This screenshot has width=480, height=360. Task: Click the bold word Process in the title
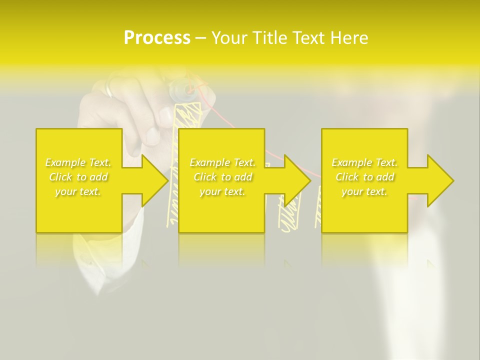(x=157, y=37)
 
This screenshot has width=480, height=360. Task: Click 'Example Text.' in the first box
(x=78, y=162)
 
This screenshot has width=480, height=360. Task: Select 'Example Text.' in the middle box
(x=222, y=162)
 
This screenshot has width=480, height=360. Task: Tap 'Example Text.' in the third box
(x=364, y=162)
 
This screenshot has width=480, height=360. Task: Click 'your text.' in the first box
(x=78, y=191)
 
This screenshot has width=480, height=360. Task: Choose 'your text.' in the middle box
(x=222, y=191)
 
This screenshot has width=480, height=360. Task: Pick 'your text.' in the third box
(x=364, y=191)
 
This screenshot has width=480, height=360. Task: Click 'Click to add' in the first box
(x=78, y=177)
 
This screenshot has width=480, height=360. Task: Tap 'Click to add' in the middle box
(x=222, y=177)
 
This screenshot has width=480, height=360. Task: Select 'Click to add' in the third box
(x=364, y=177)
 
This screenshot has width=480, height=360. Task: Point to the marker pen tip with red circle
(x=188, y=90)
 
